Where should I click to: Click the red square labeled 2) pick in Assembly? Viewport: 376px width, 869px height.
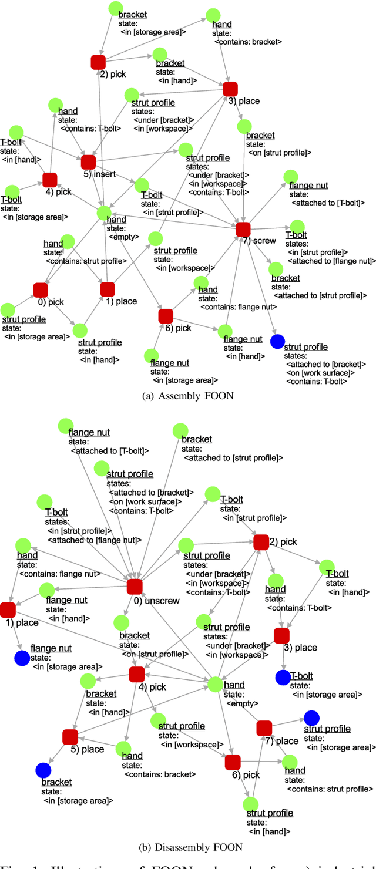point(98,62)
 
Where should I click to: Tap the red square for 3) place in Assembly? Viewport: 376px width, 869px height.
point(230,89)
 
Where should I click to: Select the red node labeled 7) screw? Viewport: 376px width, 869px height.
point(243,229)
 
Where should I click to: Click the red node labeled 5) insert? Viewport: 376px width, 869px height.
point(89,162)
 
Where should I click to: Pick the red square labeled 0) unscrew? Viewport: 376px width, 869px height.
point(135,586)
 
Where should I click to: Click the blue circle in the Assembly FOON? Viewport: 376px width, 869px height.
point(277,341)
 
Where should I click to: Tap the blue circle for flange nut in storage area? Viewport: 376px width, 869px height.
point(22,658)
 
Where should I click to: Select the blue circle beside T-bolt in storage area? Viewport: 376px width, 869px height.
point(283,677)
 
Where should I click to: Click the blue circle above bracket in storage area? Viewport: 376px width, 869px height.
point(43,770)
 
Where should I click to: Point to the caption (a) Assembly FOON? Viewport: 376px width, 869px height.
point(188,396)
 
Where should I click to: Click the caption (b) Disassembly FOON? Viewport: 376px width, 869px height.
point(188,847)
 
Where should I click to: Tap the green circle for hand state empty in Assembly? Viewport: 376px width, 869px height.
point(104,213)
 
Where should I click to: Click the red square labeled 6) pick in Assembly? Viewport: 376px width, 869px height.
point(166,316)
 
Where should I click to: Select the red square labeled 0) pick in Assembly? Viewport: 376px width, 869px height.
point(41,289)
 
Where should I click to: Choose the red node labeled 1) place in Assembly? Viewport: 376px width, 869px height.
point(108,289)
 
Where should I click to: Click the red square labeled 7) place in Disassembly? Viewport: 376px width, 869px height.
point(264,728)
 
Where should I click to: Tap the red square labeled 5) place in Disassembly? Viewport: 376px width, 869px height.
point(70,737)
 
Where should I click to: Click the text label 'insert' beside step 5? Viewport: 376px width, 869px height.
point(105,174)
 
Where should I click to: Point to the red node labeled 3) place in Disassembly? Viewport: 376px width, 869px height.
point(281,635)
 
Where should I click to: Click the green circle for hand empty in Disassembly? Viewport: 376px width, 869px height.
point(215,684)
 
